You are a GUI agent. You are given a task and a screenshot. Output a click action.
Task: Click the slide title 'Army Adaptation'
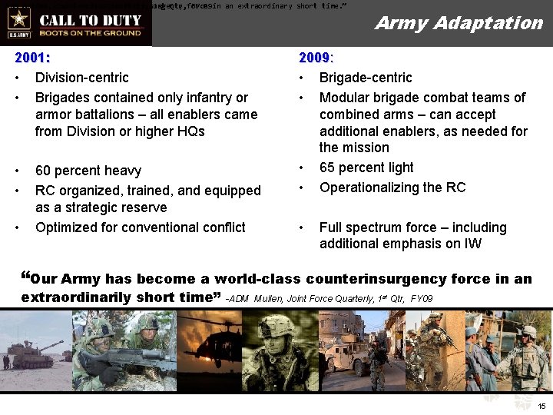pyautogui.click(x=459, y=23)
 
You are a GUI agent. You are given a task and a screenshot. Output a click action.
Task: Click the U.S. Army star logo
pyautogui.click(x=18, y=19)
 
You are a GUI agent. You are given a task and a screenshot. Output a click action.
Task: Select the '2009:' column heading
pyautogui.click(x=316, y=58)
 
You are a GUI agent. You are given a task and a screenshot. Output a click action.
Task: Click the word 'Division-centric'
pyautogui.click(x=81, y=78)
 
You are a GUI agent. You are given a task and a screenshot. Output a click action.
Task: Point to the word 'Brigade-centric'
pyautogui.click(x=366, y=78)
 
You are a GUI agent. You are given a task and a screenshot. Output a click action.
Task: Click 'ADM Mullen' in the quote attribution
pyautogui.click(x=257, y=298)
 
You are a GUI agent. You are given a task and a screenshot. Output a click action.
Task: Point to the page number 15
pyautogui.click(x=542, y=406)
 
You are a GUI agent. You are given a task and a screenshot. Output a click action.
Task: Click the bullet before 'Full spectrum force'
pyautogui.click(x=303, y=227)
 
